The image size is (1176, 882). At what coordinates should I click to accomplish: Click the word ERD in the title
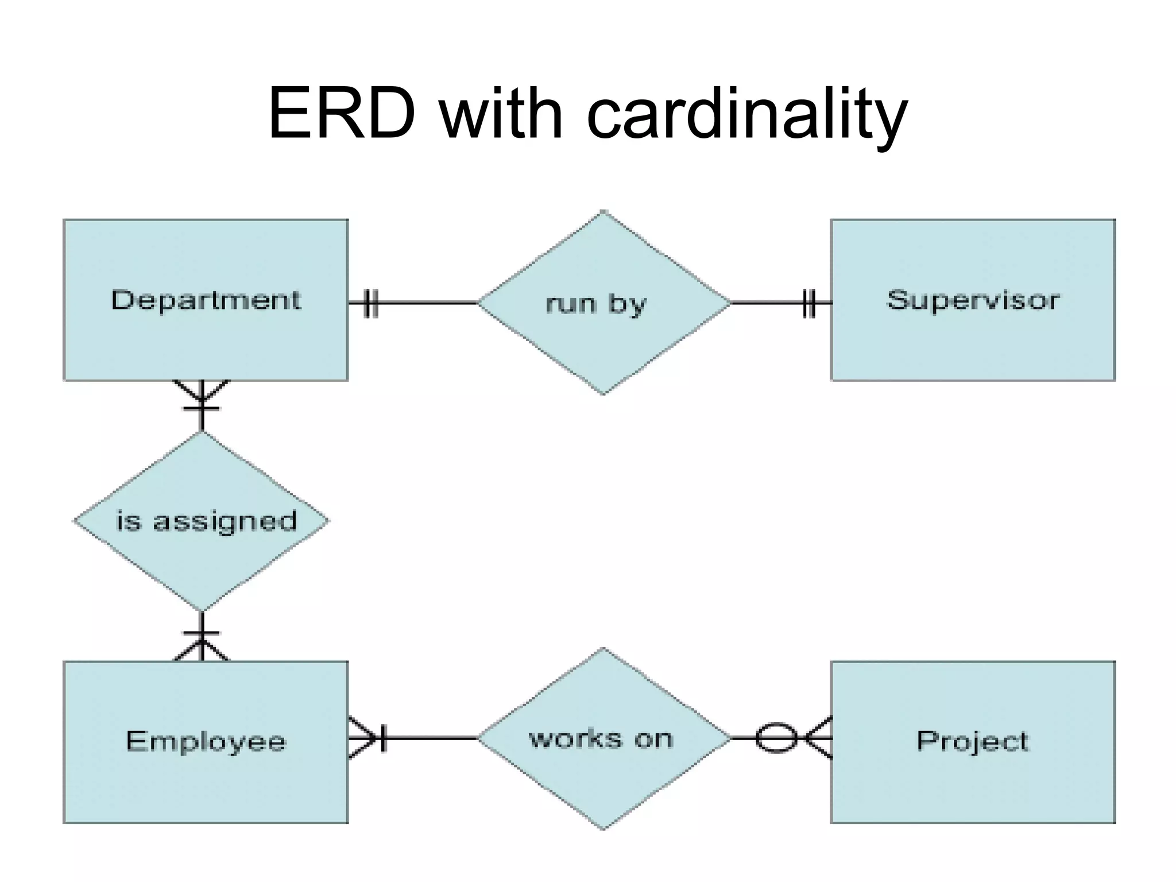[341, 113]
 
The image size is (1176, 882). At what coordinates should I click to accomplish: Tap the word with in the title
[501, 113]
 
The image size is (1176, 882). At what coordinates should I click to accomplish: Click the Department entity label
[206, 300]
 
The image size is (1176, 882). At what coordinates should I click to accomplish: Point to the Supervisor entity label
[973, 300]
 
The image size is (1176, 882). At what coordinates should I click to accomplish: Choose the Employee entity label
[206, 741]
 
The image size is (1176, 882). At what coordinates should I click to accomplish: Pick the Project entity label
[973, 741]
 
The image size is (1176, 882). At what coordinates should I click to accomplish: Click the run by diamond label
[595, 304]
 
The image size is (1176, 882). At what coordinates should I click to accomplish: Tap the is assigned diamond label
[206, 521]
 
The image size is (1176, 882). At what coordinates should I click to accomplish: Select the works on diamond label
[600, 739]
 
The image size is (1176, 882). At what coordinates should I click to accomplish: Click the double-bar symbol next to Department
[371, 303]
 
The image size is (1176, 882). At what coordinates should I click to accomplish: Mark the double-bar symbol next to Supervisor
[808, 303]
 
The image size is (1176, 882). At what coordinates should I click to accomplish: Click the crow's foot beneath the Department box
[201, 394]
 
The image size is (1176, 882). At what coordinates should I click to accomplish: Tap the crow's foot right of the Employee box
[365, 738]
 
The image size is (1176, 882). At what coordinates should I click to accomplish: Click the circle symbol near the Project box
[776, 738]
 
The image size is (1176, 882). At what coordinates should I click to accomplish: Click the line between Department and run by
[428, 303]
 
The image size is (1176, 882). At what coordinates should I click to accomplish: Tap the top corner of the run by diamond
[603, 212]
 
